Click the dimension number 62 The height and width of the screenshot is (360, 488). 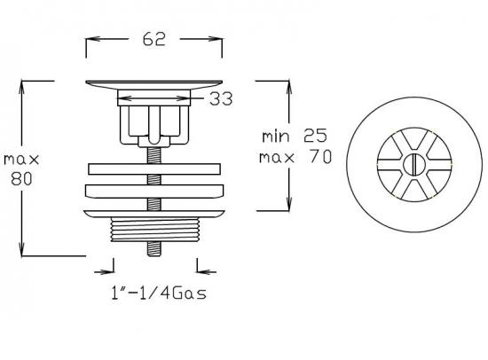point(153,40)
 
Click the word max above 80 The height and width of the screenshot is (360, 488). point(21,159)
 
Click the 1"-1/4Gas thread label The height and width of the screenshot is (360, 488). point(155,293)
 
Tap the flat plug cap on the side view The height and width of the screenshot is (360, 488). point(153,85)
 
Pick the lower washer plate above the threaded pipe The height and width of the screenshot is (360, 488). point(153,192)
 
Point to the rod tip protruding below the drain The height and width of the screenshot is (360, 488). point(153,251)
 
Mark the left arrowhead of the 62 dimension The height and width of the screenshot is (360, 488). point(89,40)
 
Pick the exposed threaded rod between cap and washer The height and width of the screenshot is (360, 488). point(153,153)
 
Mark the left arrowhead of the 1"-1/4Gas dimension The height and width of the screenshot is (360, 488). point(110,270)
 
